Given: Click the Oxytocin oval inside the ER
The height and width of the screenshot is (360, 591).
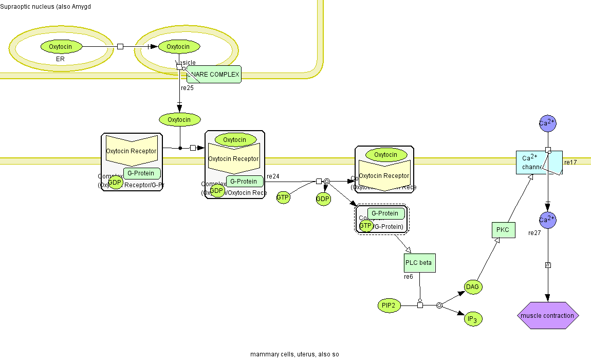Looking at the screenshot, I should tap(61, 47).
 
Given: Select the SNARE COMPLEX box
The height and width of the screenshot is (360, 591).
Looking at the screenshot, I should tap(214, 75).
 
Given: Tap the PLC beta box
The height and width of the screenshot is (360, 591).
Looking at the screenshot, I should tap(419, 263).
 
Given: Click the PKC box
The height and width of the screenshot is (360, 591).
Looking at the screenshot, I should tap(503, 230).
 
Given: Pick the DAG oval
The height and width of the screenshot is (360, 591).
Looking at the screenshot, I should tap(473, 287).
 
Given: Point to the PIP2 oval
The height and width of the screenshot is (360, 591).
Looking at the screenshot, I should tap(389, 305).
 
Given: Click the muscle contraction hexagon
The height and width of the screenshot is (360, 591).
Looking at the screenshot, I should tap(547, 315).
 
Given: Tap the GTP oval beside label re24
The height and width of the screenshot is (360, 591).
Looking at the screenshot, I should tap(283, 197).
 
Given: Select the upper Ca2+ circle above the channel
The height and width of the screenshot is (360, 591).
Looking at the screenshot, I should tap(548, 123).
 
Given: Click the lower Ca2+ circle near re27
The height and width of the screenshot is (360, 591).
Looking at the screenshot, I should tap(548, 220).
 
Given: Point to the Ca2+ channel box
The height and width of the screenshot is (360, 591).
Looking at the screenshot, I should tap(532, 162).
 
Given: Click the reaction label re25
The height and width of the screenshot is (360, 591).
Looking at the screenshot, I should tap(187, 88).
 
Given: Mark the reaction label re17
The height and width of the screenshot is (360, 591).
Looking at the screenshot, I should tap(570, 163).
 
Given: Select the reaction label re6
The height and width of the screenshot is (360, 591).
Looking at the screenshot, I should tap(408, 277).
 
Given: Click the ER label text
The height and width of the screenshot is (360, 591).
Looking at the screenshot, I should tap(60, 59).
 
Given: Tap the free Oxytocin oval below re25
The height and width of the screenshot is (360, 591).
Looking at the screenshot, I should tap(179, 120).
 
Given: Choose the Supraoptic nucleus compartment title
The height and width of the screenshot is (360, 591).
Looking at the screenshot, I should tap(46, 6).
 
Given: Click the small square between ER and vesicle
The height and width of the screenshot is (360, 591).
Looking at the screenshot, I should tap(120, 47).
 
